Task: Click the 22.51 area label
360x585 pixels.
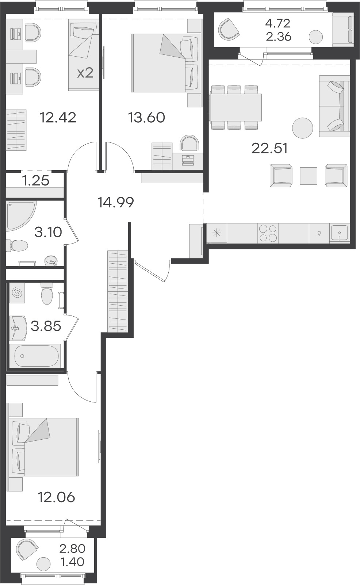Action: tap(269, 149)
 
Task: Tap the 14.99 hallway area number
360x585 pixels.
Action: tap(116, 202)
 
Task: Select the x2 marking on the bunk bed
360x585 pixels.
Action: tap(85, 73)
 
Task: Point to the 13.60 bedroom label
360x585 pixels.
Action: tap(146, 118)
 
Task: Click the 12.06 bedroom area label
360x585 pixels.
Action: tap(56, 497)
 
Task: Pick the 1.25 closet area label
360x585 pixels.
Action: tap(36, 181)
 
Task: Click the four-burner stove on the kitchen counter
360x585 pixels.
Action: tap(268, 233)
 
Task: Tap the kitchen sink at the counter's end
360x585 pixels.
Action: tap(340, 233)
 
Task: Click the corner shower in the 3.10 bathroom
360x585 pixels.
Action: tap(19, 215)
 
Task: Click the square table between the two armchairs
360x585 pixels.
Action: tap(308, 176)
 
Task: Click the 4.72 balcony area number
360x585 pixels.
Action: tap(278, 24)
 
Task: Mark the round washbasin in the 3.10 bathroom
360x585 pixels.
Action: tap(51, 261)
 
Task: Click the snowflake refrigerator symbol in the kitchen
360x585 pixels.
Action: tap(217, 233)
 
